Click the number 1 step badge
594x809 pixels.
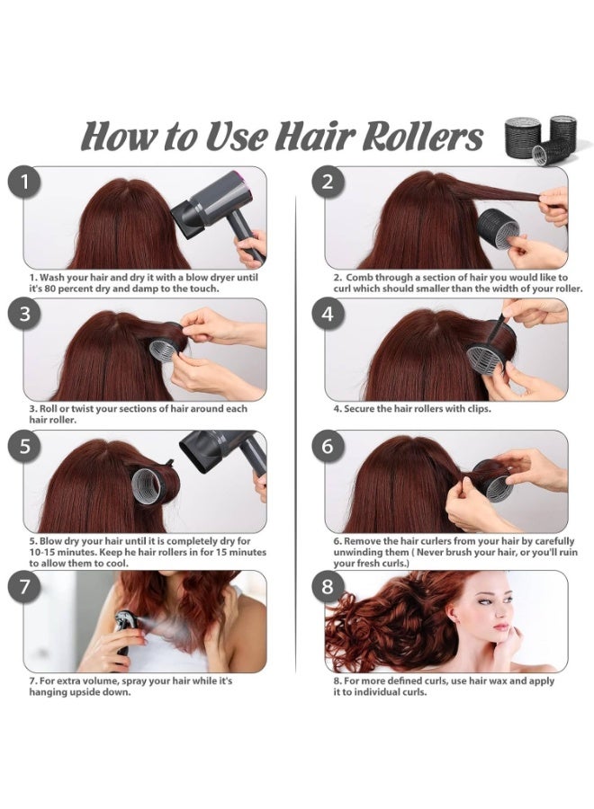(x=25, y=182)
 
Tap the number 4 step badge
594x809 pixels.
(x=328, y=315)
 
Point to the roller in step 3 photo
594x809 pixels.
(x=164, y=344)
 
